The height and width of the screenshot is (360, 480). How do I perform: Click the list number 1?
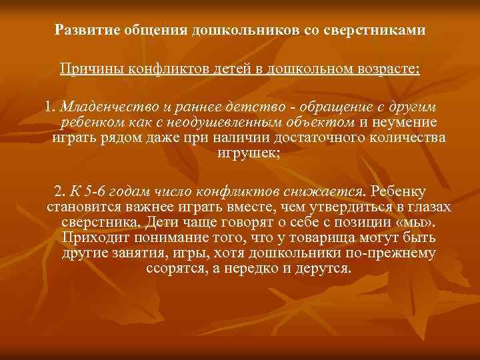click(x=49, y=107)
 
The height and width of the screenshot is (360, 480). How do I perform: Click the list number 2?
click(x=61, y=190)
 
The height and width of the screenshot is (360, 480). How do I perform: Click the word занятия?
click(x=146, y=253)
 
